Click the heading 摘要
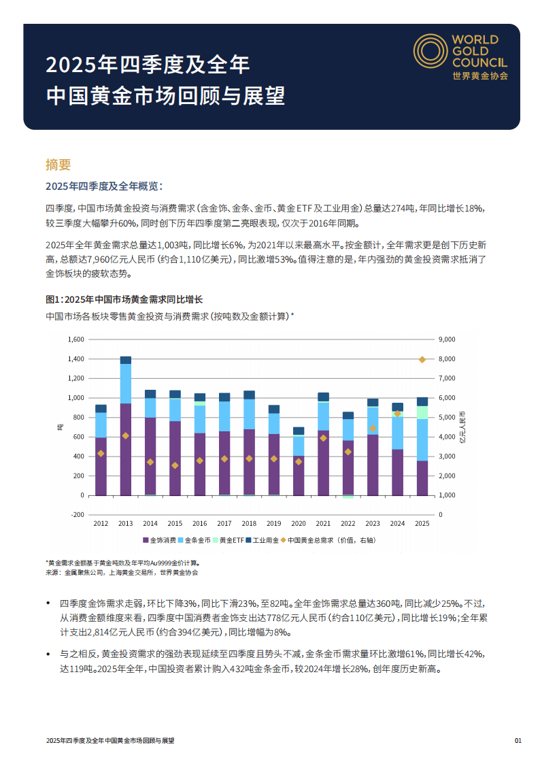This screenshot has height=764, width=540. pos(58,165)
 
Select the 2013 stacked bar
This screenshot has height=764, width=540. pos(126,426)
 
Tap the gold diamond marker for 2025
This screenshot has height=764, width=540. pos(422,359)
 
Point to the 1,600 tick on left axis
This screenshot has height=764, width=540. pos(76,339)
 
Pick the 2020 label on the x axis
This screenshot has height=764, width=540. pos(299,523)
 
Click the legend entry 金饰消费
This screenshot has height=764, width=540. pos(160,540)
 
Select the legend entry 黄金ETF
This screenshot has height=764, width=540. pos(229,540)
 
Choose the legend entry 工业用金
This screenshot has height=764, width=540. pos(263,540)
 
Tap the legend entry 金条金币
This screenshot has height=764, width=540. pos(196,540)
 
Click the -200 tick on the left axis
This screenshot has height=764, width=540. pos(78,515)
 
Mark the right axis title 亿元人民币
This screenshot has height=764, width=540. pos(462,427)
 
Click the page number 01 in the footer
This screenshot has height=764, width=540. pos(518,740)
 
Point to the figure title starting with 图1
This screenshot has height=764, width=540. pos(124,299)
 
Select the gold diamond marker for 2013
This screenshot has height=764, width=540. pos(126,435)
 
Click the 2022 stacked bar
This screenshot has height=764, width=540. pos(348,454)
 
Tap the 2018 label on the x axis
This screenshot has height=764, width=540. pos(249,523)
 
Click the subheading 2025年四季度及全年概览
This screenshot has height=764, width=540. pos(104,186)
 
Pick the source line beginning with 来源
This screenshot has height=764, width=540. pos(122,573)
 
